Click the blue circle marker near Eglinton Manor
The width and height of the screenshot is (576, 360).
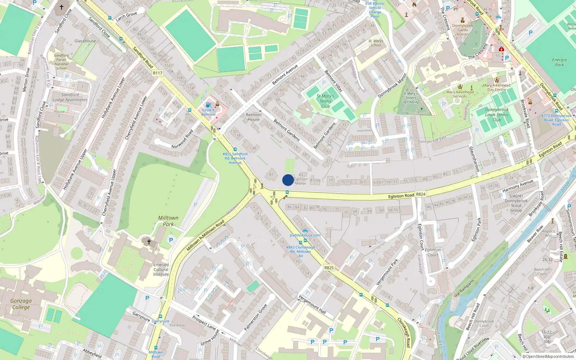(288, 180)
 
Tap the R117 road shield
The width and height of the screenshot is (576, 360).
(158, 73)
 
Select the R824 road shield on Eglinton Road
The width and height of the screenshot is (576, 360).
(421, 194)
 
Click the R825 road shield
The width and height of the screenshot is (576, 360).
(329, 267)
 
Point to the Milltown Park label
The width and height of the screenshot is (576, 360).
(168, 221)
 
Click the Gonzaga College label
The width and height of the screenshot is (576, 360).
(21, 304)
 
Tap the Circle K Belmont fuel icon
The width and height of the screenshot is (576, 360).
(208, 105)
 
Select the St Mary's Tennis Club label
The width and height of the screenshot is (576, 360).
(325, 101)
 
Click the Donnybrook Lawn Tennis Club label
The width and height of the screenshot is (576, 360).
(497, 114)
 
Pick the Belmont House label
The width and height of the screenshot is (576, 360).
(254, 117)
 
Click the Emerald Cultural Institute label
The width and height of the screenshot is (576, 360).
(161, 269)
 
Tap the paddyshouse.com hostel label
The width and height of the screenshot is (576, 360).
(305, 235)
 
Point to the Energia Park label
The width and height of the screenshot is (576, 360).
(559, 62)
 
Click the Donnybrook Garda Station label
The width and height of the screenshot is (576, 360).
(463, 30)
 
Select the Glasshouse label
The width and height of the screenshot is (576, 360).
(85, 41)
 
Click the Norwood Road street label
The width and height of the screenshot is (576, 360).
(182, 139)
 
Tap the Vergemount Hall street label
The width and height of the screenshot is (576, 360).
(312, 304)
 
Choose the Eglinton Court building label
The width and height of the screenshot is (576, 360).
(433, 252)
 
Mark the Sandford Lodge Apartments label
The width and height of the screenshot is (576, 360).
(70, 97)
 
